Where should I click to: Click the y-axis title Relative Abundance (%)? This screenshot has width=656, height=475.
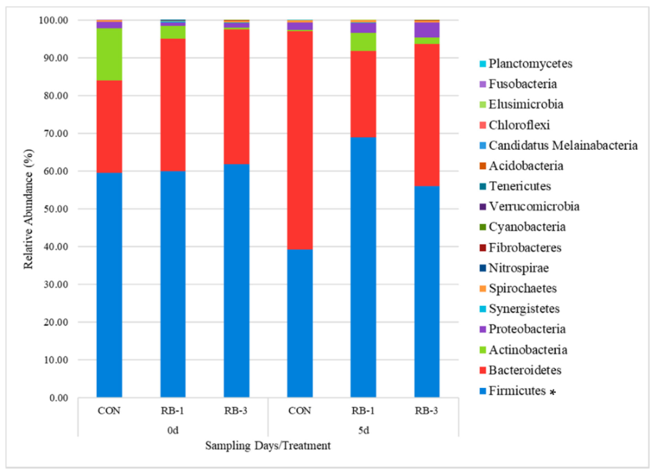point(30,209)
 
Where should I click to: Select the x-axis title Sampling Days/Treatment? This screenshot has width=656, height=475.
point(267,446)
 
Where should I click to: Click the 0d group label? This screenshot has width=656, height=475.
point(173,428)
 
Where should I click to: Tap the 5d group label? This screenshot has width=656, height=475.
point(364,428)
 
